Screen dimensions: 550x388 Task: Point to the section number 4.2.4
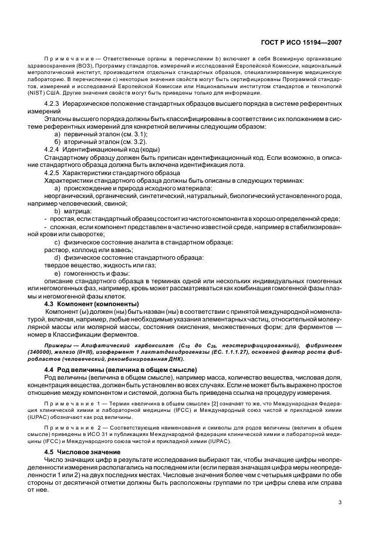tap(54, 149)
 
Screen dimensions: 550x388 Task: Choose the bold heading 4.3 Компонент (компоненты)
tap(92, 304)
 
